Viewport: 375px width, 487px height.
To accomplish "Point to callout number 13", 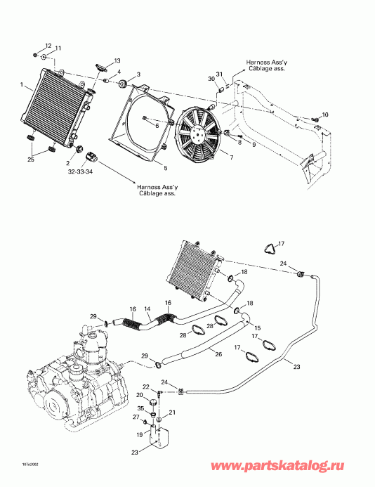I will [x=117, y=61].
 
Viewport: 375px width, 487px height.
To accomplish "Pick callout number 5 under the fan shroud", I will [x=165, y=169].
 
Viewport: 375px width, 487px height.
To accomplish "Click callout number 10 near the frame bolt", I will [x=324, y=115].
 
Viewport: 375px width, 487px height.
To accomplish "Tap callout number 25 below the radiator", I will [x=30, y=160].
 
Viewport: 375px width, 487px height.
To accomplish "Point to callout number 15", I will [x=258, y=328].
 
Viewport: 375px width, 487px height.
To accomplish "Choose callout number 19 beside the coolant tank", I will [x=139, y=436].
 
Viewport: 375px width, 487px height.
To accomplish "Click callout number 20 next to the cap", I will [x=139, y=396].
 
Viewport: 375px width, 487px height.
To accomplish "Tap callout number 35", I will [x=140, y=408].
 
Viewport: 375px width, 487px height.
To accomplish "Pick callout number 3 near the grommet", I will [x=138, y=74].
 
